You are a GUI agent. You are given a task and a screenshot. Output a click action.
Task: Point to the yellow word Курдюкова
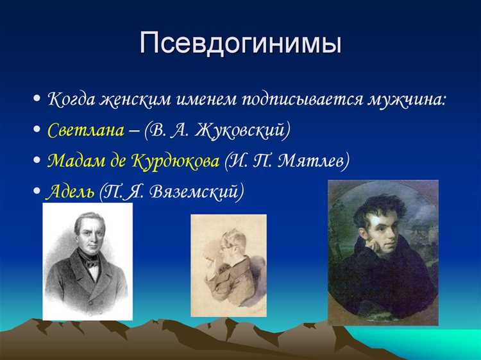(x=175, y=160)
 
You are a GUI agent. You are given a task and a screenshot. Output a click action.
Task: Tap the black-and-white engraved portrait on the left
(x=87, y=261)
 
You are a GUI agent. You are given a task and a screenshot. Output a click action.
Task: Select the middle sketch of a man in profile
(x=228, y=265)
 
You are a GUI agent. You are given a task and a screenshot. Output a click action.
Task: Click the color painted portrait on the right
(x=383, y=252)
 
